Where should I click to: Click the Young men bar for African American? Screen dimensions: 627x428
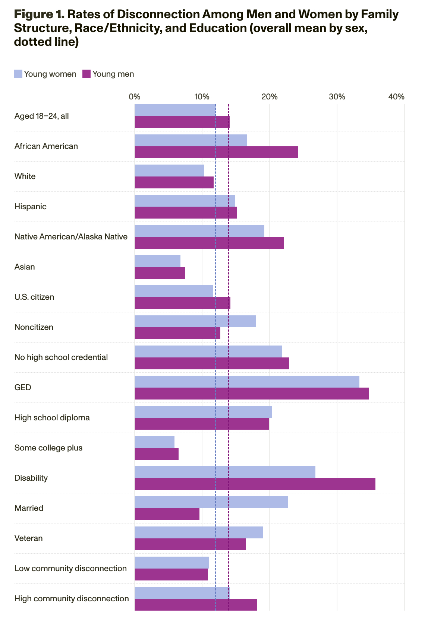(x=216, y=152)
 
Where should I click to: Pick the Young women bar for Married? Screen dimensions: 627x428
(x=211, y=502)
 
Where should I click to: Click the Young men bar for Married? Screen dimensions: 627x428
(x=167, y=514)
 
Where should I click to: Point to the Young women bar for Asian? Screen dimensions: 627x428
(x=157, y=261)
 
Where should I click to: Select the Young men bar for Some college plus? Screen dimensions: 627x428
(x=157, y=454)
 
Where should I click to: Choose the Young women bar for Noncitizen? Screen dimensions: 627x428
(x=195, y=321)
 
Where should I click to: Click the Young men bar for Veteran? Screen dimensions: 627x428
(x=190, y=544)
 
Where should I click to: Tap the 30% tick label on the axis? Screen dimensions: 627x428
(x=337, y=97)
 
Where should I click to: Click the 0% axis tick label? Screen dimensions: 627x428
(x=135, y=97)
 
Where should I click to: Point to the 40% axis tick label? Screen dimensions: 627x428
(x=396, y=97)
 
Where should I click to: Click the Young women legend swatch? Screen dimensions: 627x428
(x=18, y=74)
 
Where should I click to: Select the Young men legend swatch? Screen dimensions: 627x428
(x=86, y=74)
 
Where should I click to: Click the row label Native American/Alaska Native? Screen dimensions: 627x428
(x=71, y=237)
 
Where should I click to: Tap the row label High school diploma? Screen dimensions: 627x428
(x=52, y=418)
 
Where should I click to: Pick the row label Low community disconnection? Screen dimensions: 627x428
(x=70, y=569)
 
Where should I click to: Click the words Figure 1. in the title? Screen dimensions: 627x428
(x=39, y=15)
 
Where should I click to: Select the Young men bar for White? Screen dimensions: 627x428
(x=174, y=182)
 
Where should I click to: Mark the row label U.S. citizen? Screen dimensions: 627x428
(x=34, y=297)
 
